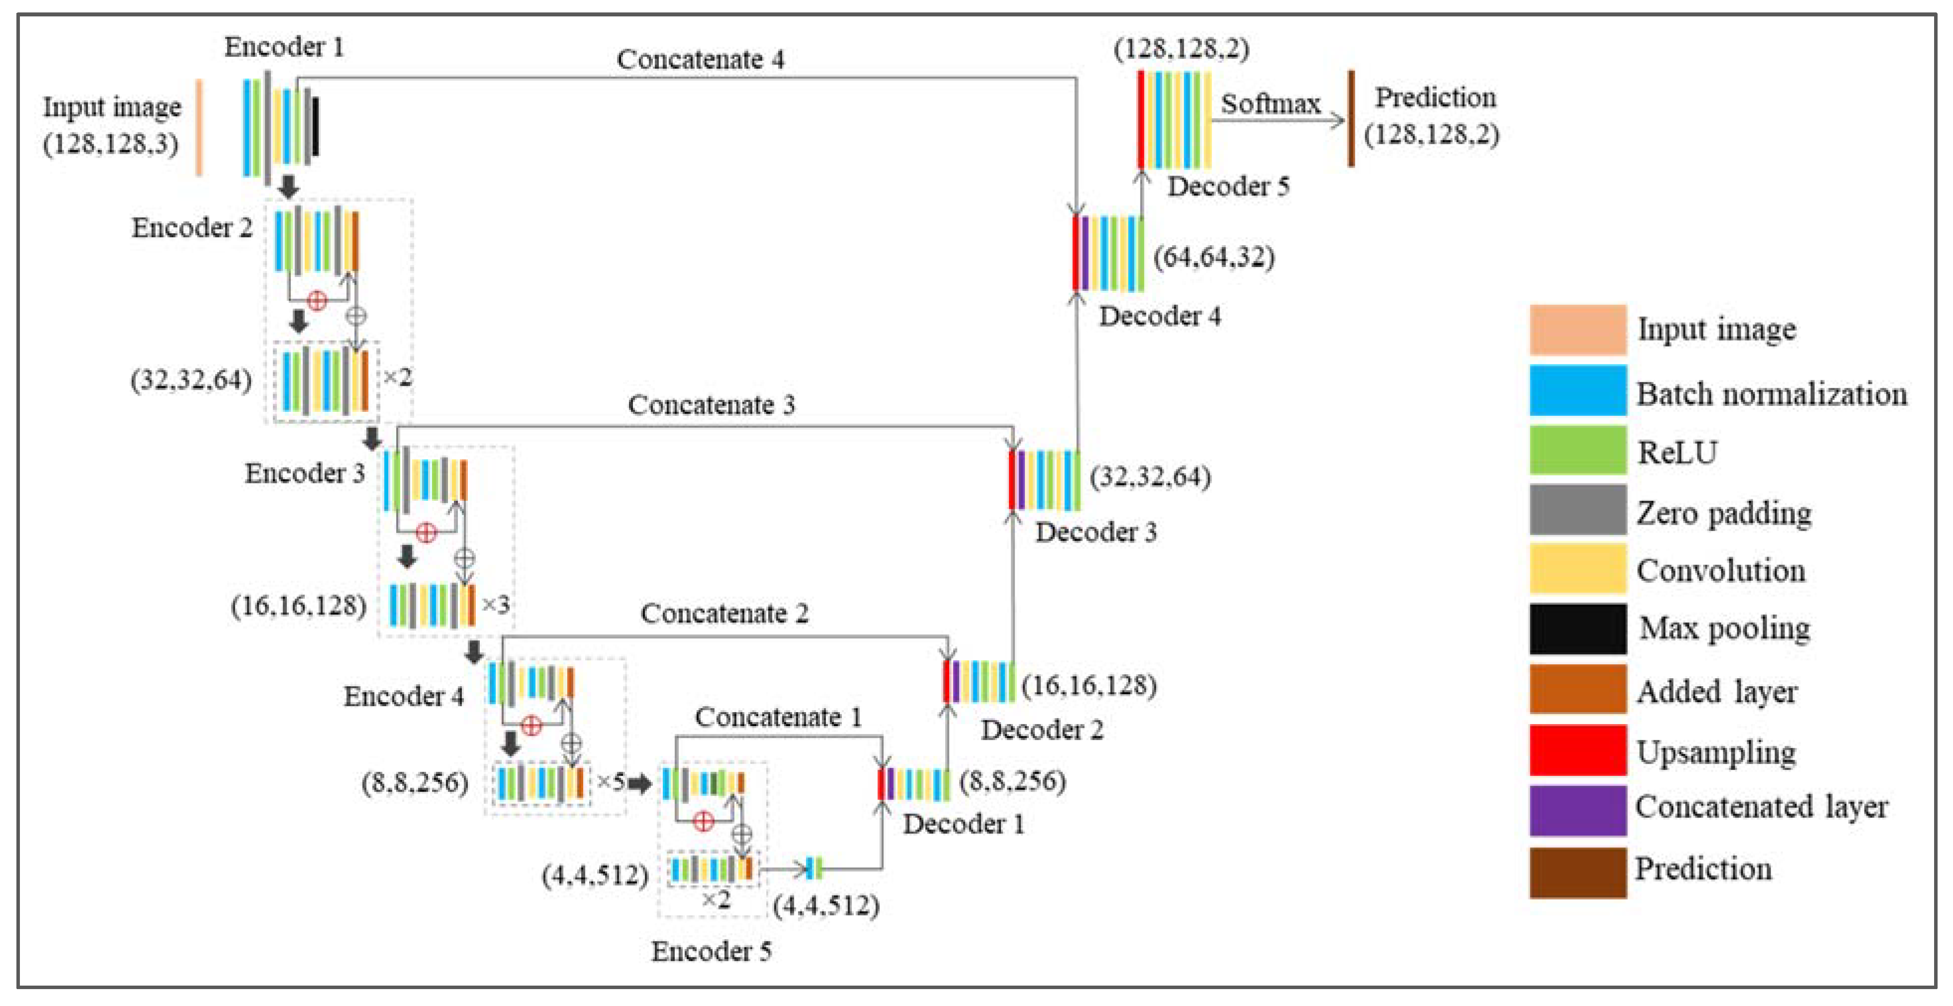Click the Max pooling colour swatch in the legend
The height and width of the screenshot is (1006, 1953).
[x=1577, y=629]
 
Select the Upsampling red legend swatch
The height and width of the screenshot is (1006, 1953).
[x=1577, y=750]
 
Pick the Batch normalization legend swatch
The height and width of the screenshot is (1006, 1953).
[x=1577, y=390]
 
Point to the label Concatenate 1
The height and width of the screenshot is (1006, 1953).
[x=778, y=717]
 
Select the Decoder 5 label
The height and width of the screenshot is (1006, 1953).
[x=1228, y=186]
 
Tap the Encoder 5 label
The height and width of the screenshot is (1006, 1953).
[x=711, y=951]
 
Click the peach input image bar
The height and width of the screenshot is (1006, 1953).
[x=199, y=127]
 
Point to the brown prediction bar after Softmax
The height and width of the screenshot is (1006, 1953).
[x=1350, y=118]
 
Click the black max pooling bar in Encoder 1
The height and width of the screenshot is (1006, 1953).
[x=315, y=127]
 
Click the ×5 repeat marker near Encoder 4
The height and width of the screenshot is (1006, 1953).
[x=611, y=782]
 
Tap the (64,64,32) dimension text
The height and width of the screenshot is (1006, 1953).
[x=1213, y=257]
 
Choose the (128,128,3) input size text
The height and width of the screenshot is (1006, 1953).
[x=111, y=143]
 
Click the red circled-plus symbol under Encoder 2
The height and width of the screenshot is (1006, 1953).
[x=317, y=300]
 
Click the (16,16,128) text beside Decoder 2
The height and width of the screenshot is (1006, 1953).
[x=1089, y=685]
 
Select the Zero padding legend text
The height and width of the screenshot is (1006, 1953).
[x=1723, y=513]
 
